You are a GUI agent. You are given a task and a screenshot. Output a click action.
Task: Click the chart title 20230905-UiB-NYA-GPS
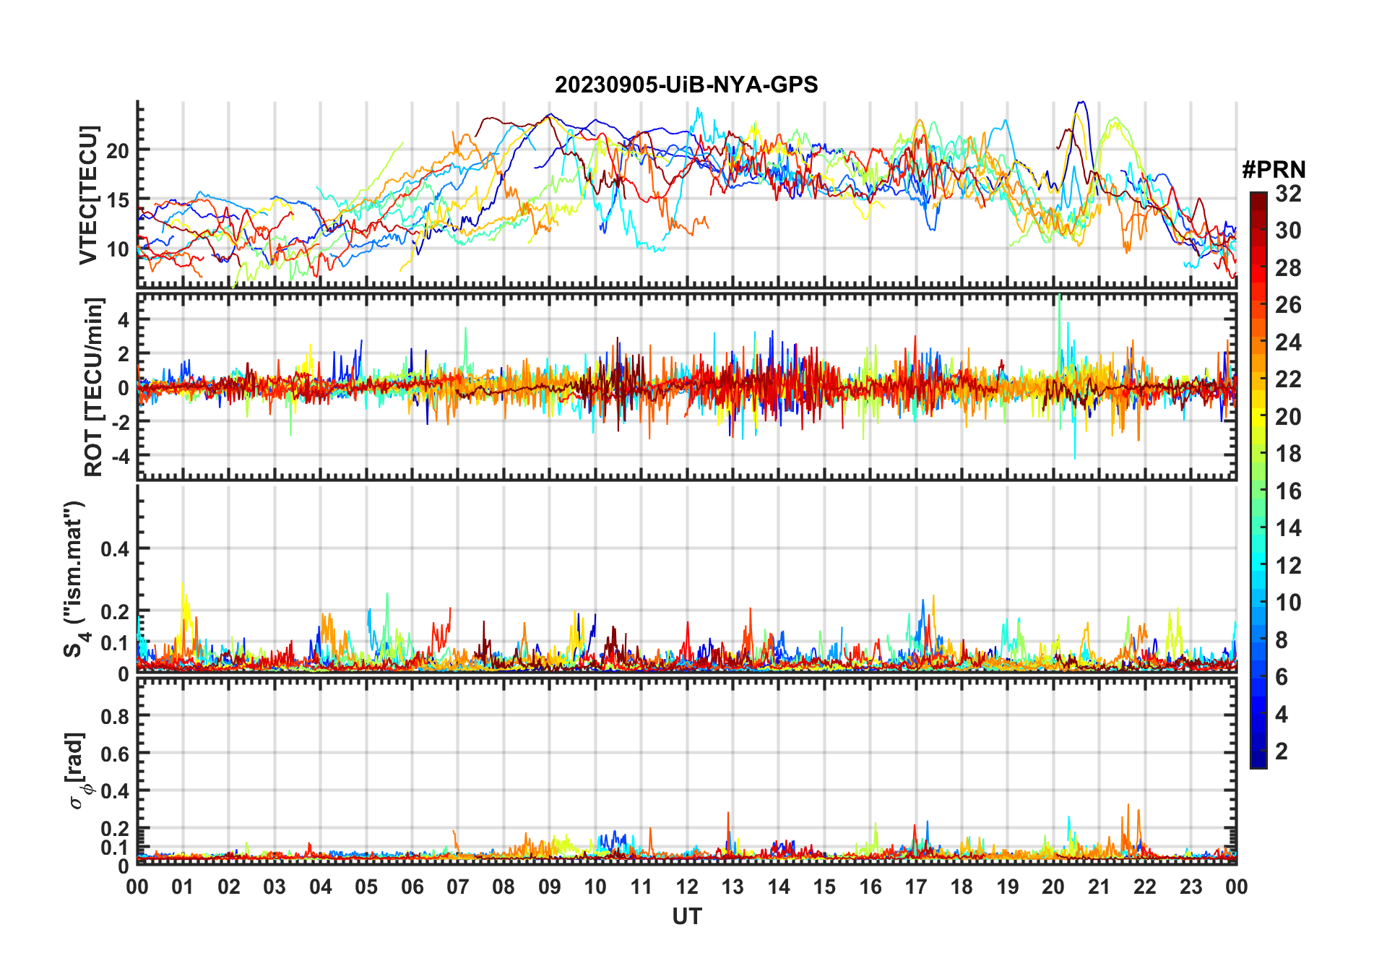686,85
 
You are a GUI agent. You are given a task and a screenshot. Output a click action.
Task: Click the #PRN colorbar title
1274,170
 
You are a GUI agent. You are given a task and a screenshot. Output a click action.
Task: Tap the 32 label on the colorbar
1288,194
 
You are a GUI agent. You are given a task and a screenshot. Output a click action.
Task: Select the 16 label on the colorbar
1288,491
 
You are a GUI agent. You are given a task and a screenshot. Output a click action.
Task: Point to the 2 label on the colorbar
1282,751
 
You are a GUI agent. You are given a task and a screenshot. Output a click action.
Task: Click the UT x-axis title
687,917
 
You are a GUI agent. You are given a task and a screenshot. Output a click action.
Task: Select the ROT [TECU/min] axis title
94,387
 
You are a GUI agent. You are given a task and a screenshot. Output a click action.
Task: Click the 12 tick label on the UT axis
687,887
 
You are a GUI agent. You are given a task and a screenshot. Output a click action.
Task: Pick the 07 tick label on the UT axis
458,887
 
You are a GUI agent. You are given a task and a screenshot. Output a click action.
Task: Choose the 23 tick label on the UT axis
1191,887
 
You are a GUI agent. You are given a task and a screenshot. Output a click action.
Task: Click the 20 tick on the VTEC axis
118,151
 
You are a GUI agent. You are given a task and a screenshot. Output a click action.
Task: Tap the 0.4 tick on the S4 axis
114,549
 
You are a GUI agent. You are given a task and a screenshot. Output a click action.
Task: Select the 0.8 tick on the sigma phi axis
114,716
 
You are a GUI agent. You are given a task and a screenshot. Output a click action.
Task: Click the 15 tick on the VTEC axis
118,200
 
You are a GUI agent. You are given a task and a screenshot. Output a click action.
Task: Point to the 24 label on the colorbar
1288,342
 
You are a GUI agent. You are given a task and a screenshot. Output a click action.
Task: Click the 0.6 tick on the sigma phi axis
114,754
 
